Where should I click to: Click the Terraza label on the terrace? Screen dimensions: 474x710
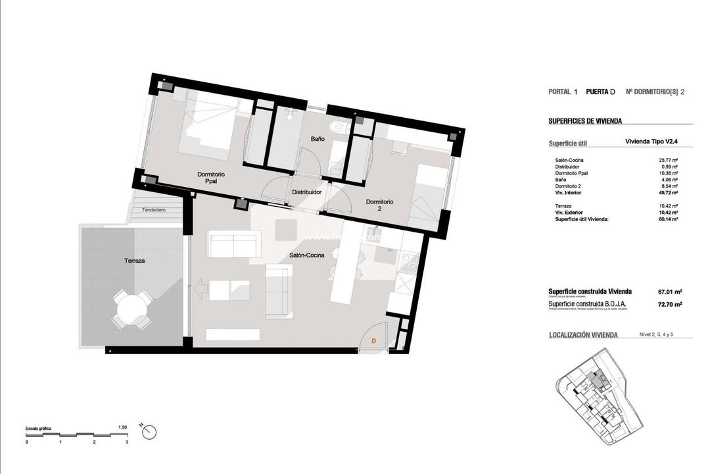click(134, 261)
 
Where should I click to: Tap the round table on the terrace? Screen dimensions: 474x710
click(129, 309)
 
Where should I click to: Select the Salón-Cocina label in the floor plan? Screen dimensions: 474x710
click(306, 255)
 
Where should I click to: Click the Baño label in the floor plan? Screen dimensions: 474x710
click(318, 139)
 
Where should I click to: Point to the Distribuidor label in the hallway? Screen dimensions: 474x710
click(306, 192)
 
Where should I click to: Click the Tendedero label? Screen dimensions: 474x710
click(152, 210)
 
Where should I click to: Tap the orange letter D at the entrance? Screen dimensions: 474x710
click(373, 341)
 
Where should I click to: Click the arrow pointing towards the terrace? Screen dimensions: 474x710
click(202, 288)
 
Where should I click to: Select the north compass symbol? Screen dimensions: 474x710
click(149, 432)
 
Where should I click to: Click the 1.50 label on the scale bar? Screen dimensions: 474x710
click(122, 427)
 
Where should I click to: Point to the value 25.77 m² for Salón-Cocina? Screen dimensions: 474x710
click(669, 160)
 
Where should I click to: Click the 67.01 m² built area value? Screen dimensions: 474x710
click(669, 291)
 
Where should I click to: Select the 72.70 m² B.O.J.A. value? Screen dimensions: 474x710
click(669, 304)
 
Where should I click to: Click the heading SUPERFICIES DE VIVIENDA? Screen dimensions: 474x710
click(585, 121)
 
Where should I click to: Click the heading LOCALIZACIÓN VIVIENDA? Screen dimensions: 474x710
click(583, 335)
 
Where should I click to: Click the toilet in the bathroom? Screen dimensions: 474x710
click(337, 127)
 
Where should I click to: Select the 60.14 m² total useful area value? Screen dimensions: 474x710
click(669, 219)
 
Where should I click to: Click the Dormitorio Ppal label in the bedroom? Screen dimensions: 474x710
click(211, 178)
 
